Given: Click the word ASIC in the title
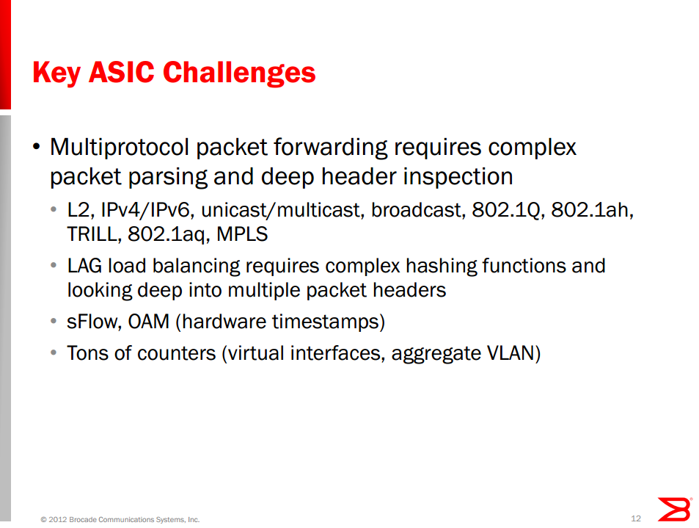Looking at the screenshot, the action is tap(122, 72).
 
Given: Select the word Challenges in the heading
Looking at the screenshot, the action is tap(239, 73).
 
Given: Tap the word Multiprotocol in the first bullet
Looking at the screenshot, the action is tap(120, 148).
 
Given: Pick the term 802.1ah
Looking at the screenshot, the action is tap(592, 210).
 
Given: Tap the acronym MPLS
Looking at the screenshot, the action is tap(242, 234).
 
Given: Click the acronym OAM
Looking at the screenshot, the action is tap(148, 322).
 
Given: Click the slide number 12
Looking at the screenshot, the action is tap(636, 518).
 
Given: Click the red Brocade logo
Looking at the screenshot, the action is tap(675, 509).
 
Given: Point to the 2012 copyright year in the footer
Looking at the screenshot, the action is tap(57, 519).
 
